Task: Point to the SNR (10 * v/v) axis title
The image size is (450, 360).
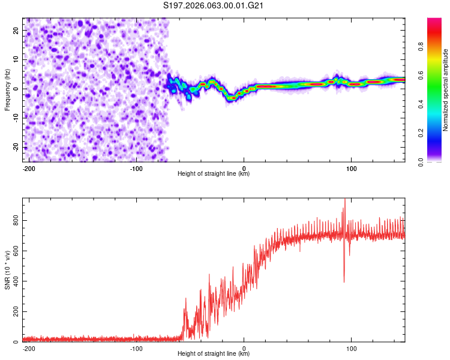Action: (x=8, y=269)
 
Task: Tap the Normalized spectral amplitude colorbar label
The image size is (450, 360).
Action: (x=446, y=90)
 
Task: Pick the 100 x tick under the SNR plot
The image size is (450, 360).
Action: (x=352, y=349)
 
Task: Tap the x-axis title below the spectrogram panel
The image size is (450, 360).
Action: (x=214, y=174)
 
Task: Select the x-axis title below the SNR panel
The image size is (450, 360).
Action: (x=214, y=354)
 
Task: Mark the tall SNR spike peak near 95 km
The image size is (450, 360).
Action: (x=344, y=200)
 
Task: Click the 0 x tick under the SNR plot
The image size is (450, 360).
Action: (x=244, y=349)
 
